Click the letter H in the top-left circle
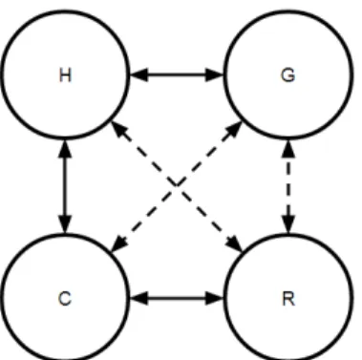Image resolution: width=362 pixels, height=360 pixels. tap(65, 75)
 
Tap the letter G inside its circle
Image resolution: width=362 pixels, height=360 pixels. tap(288, 75)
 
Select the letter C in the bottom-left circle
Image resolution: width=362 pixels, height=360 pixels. tap(65, 299)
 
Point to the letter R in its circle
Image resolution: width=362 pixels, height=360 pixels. tap(288, 299)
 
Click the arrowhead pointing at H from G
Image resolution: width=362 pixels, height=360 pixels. tap(138, 75)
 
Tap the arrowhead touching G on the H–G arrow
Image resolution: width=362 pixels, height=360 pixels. tap(214, 75)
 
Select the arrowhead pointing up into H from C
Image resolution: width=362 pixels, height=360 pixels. tap(65, 149)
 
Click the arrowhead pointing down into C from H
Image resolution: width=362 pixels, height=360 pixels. tap(65, 224)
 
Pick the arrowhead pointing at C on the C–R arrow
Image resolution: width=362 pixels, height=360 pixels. tap(138, 298)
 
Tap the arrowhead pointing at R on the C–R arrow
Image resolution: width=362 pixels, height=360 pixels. tap(214, 298)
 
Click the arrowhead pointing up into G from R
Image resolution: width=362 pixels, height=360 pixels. tap(288, 149)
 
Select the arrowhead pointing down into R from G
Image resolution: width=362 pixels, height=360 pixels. tap(288, 224)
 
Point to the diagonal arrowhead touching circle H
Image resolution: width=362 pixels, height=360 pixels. tap(119, 130)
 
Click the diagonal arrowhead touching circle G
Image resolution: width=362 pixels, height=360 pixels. tap(234, 129)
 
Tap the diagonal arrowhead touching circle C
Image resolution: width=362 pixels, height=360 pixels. tap(119, 244)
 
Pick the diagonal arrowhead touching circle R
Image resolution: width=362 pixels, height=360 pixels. tap(234, 244)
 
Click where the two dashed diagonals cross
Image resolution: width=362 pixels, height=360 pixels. tap(177, 186)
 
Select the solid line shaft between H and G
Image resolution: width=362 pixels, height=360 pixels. tap(177, 75)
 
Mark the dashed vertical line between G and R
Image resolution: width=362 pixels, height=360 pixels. tap(288, 187)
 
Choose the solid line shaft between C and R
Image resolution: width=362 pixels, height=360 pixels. tap(177, 298)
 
